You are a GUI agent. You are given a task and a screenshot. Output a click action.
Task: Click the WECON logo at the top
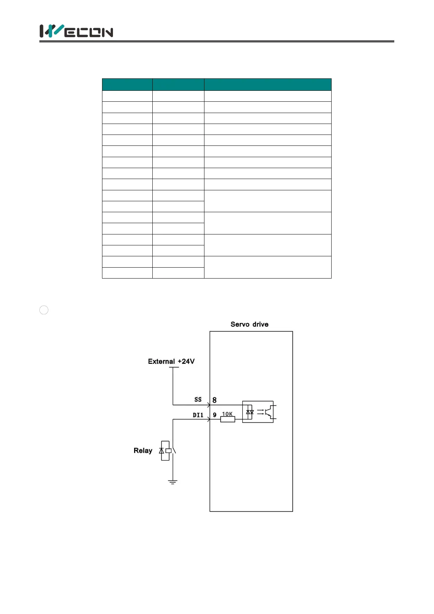[76, 31]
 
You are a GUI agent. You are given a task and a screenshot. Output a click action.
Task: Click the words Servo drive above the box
[249, 324]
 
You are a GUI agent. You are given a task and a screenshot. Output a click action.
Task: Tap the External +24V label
[171, 361]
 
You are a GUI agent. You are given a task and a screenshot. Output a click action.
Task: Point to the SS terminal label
[198, 400]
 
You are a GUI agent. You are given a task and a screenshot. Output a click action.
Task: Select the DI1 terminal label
[198, 415]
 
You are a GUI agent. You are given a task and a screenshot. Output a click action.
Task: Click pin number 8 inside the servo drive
[215, 400]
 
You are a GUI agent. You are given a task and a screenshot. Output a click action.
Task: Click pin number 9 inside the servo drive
[215, 415]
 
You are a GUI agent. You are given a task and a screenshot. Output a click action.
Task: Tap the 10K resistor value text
[227, 414]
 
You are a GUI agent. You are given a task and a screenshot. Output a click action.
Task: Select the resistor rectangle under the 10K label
[227, 419]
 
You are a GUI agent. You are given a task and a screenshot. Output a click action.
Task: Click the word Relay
[143, 451]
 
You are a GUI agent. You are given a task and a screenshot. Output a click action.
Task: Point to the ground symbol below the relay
[173, 482]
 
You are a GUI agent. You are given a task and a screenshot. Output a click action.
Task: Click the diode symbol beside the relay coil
[161, 451]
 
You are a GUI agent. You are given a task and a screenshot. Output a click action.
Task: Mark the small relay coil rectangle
[168, 451]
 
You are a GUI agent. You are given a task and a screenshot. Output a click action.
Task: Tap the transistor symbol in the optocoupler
[269, 412]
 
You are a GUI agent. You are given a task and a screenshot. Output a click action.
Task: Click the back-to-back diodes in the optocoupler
[250, 412]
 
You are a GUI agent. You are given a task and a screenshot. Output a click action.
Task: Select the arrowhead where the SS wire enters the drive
[208, 405]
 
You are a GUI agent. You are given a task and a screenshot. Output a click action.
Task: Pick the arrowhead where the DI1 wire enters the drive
[208, 419]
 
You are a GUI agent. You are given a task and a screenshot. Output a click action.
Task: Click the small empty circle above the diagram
[44, 310]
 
